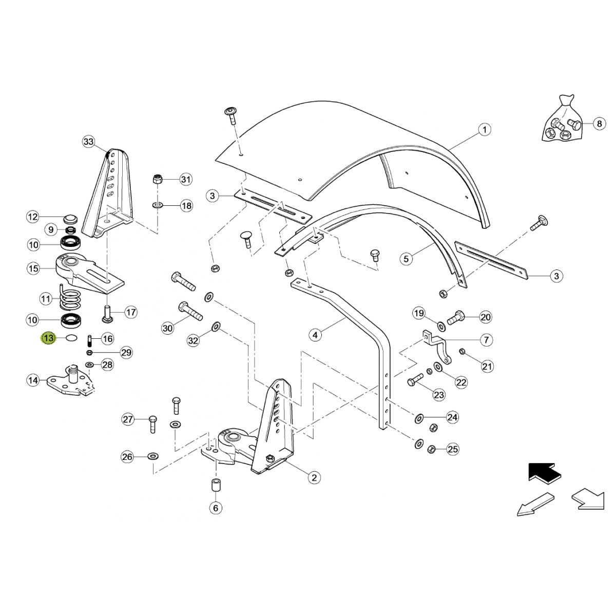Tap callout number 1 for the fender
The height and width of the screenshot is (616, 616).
(x=484, y=129)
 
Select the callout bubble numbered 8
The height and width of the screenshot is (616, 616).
(x=598, y=123)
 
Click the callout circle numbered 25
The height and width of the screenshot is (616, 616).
(x=452, y=450)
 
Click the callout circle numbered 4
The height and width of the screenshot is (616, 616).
(x=315, y=335)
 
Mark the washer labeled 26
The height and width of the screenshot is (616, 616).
(x=153, y=456)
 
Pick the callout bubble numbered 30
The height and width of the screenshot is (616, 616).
(x=167, y=328)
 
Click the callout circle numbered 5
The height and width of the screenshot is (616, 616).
(x=406, y=258)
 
